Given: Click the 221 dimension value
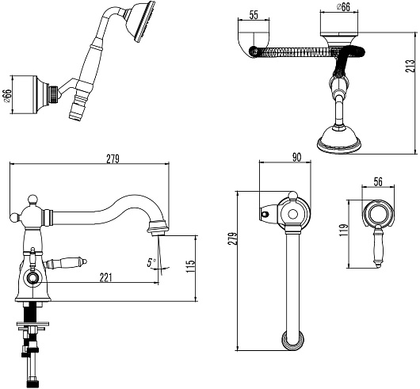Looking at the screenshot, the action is (105, 278).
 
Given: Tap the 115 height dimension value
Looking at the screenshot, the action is (191, 266).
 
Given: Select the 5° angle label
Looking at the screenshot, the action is (151, 262).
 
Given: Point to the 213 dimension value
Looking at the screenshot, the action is (410, 67).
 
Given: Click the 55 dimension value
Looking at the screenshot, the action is (254, 15).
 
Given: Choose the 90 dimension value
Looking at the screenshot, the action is (296, 157).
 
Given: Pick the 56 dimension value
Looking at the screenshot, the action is (378, 181).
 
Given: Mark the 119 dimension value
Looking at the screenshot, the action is (343, 230).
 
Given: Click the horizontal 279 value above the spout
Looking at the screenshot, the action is (113, 159).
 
